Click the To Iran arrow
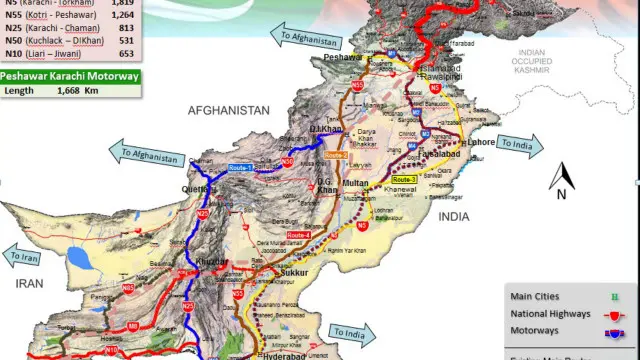(26, 257)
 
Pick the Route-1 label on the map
(240, 168)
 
